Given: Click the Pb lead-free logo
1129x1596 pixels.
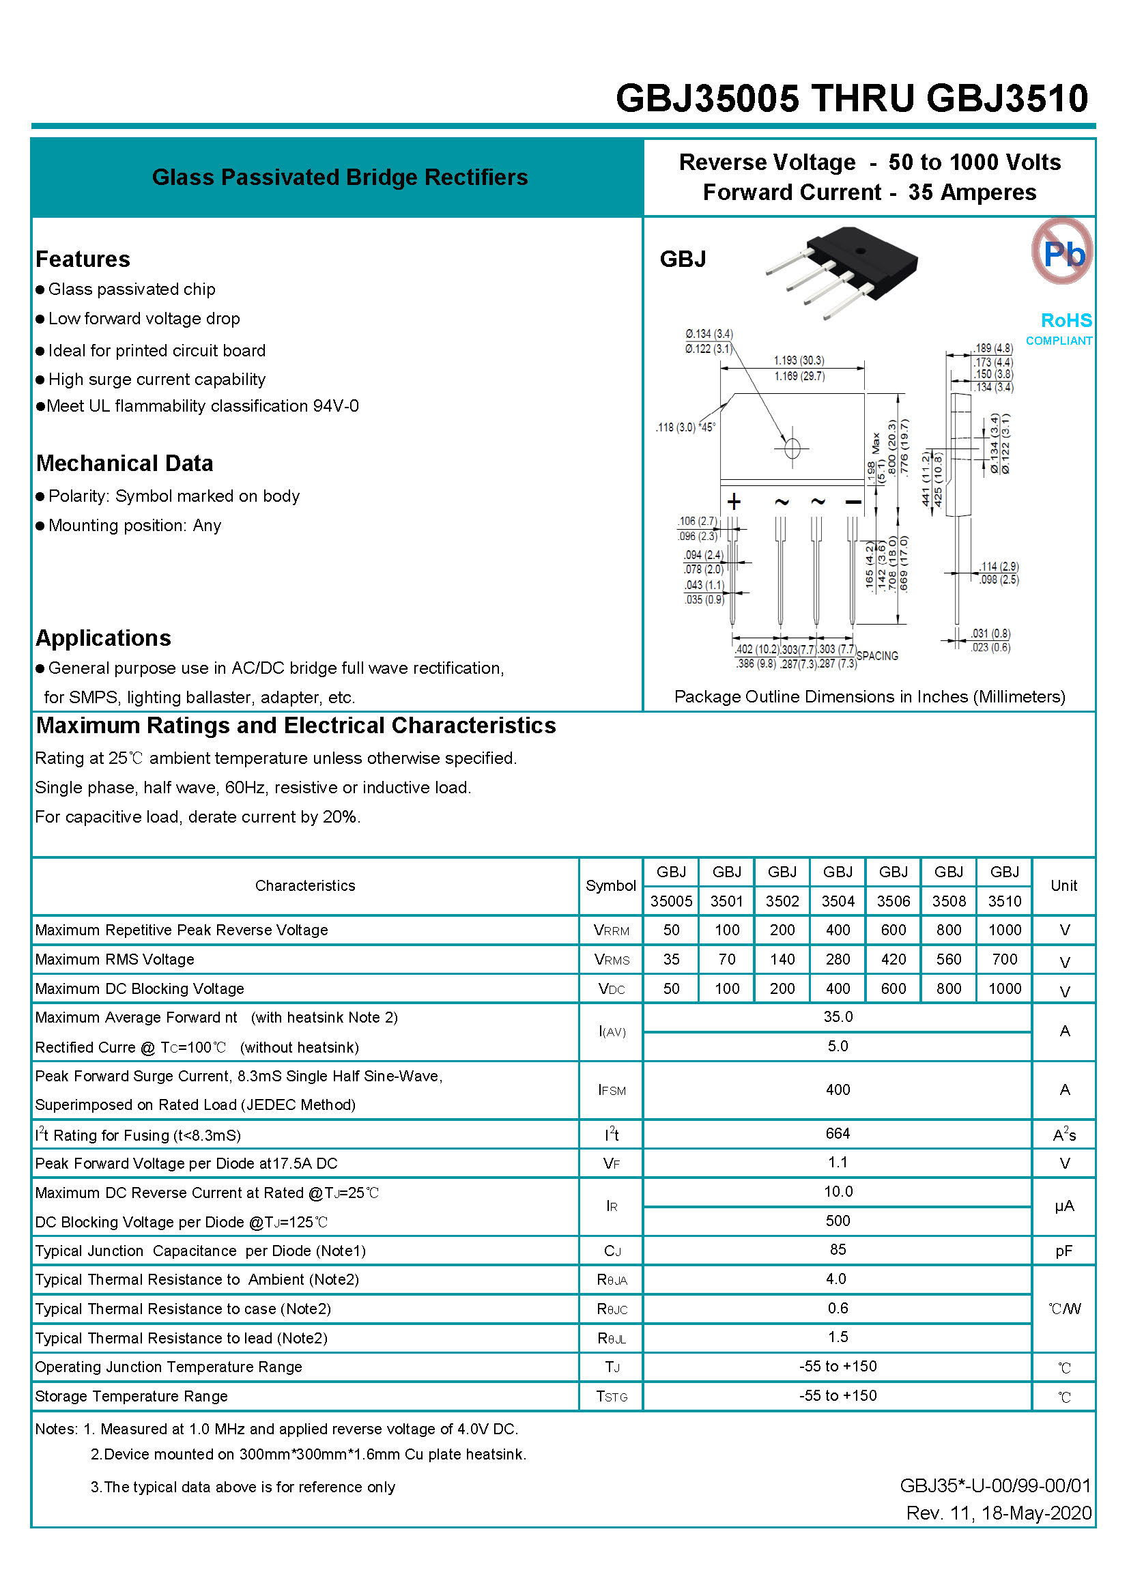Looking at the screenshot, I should pos(1061,252).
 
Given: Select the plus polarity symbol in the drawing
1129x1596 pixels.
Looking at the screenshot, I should pos(734,502).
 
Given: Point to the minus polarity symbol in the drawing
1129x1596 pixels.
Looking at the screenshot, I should pos(853,502).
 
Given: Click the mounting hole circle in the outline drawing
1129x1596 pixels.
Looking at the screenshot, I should pos(792,448).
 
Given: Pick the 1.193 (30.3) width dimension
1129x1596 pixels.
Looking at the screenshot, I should pos(799,360).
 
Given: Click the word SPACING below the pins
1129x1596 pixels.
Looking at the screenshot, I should pos(876,655).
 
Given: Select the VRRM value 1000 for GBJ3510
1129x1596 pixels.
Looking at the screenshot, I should pos(1005,930).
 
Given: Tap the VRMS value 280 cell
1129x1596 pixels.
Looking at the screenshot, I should pos(838,959).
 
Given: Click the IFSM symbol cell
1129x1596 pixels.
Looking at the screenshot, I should pos(612,1090).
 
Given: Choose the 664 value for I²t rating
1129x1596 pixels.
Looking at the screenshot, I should pos(838,1134).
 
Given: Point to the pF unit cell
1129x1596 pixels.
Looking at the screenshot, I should pos(1063,1251).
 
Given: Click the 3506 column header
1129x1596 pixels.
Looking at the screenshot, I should pos(894,902).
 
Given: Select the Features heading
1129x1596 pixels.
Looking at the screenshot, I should pos(83,259).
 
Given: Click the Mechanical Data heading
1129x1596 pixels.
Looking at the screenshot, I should pos(124,464).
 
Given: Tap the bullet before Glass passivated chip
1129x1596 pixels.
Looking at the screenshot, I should pos(40,289).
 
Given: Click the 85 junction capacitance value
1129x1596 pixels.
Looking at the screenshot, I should pos(838,1250).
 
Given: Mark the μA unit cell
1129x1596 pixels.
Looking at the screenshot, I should pos(1063,1206).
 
